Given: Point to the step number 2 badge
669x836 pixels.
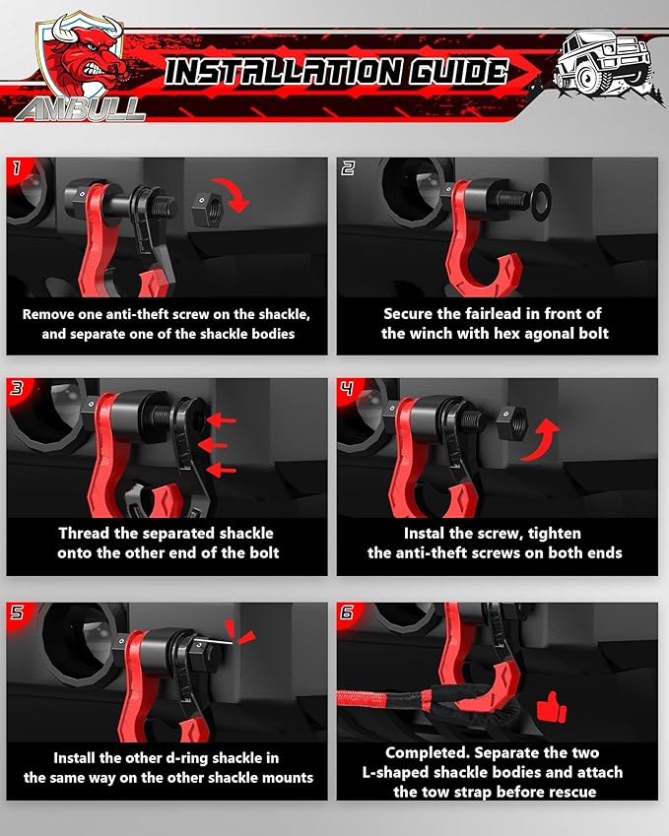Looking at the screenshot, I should click(348, 168).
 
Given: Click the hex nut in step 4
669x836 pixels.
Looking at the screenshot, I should click(510, 421).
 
